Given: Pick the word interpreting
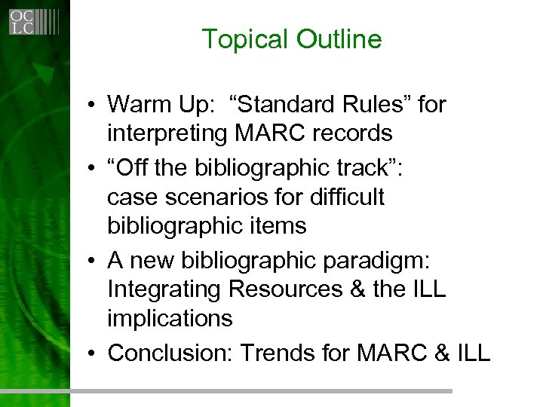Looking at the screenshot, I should pyautogui.click(x=167, y=134).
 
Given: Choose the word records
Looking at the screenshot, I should pyautogui.click(x=348, y=133).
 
